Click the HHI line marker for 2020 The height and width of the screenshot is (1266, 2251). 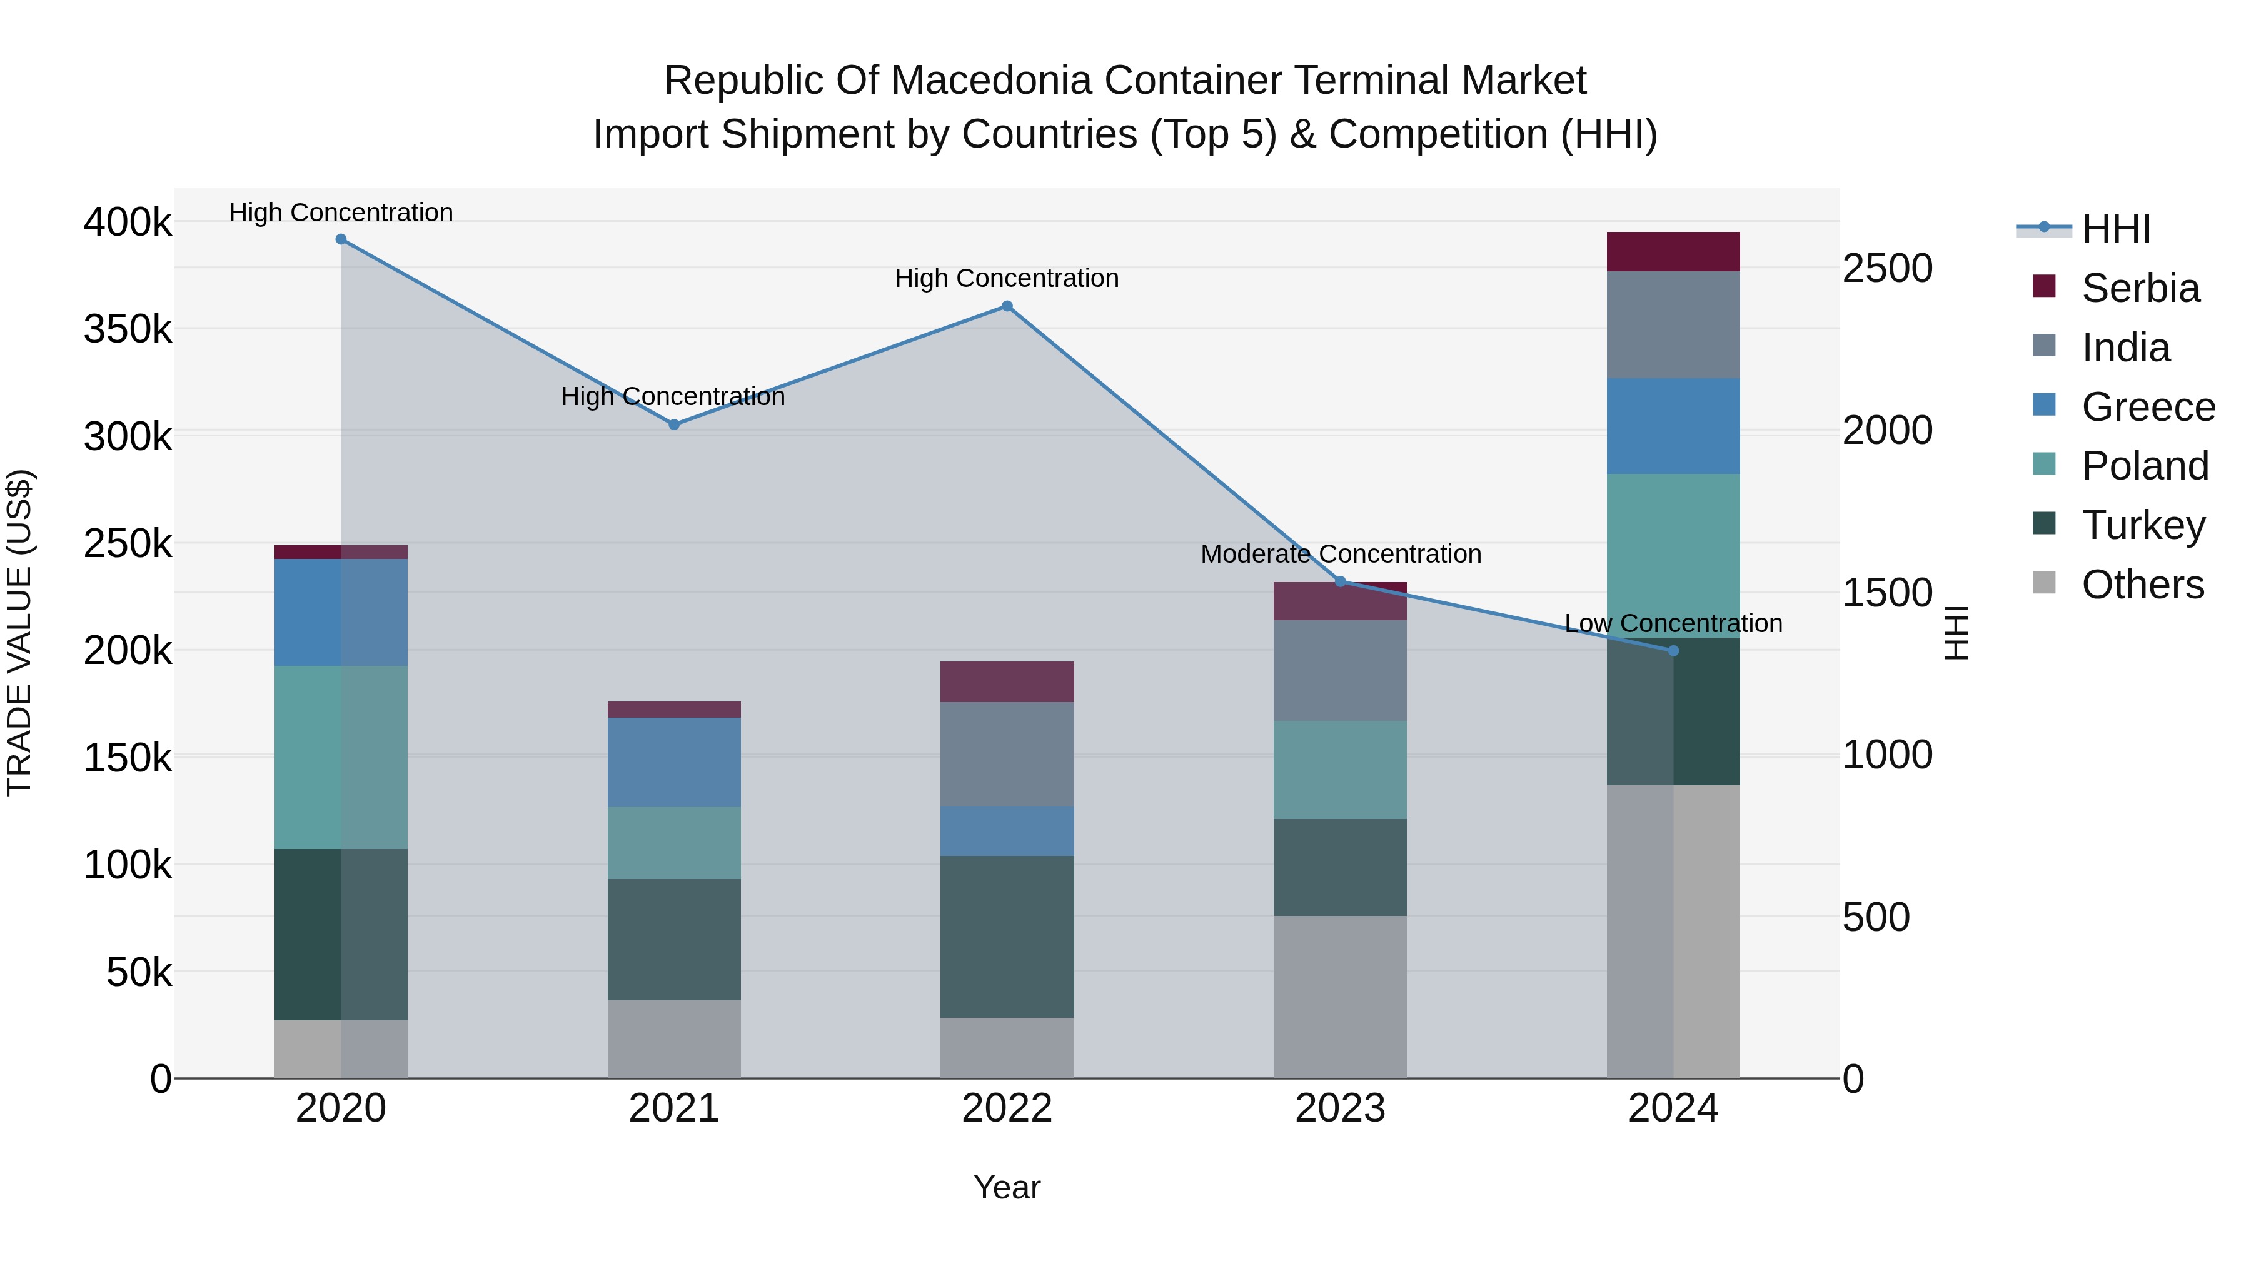pyautogui.click(x=341, y=239)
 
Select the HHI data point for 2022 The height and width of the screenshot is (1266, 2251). pyautogui.click(x=1007, y=307)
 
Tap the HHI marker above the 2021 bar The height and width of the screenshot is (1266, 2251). pyautogui.click(x=673, y=425)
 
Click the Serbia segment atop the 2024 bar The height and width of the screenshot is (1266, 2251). pyautogui.click(x=1673, y=251)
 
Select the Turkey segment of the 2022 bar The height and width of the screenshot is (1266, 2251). pyautogui.click(x=1007, y=936)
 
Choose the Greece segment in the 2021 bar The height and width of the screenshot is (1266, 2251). pyautogui.click(x=673, y=762)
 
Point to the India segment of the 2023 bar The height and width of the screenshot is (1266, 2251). pyautogui.click(x=1339, y=670)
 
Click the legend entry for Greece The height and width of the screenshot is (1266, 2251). pyautogui.click(x=2147, y=407)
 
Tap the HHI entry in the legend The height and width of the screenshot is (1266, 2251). pyautogui.click(x=2115, y=229)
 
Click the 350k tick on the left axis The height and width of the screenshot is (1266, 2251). pyautogui.click(x=128, y=330)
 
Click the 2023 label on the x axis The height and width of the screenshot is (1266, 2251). pyautogui.click(x=1339, y=1108)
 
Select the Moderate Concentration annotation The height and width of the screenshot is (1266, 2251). pyautogui.click(x=1341, y=554)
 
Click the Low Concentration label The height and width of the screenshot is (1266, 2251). pyautogui.click(x=1673, y=624)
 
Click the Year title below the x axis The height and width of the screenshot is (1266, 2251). pyautogui.click(x=1007, y=1187)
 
